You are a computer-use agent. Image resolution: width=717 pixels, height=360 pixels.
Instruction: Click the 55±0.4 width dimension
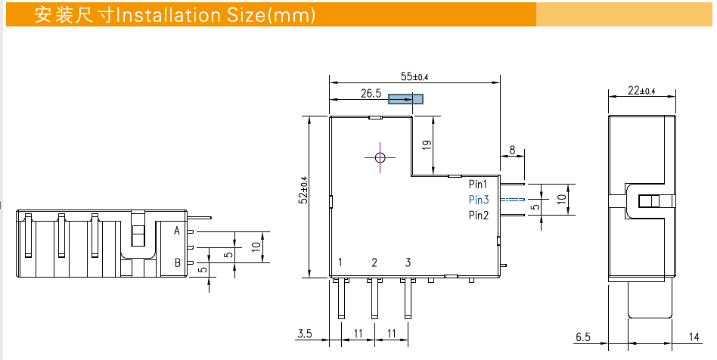414,76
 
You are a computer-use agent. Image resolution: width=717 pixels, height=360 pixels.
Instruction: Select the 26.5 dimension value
371,94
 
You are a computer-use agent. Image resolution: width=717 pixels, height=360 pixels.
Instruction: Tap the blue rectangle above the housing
405,99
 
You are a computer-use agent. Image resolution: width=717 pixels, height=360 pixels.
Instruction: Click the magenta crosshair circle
380,157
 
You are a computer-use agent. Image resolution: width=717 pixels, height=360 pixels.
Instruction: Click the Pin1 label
478,184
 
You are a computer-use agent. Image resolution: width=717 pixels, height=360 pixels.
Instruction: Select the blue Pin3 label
478,200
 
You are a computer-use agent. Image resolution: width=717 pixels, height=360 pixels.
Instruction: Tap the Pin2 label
478,216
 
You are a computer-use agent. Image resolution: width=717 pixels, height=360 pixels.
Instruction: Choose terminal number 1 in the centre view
341,262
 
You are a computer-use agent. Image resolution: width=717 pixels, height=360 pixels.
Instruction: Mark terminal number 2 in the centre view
374,262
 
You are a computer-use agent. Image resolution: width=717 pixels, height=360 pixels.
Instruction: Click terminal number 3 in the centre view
408,262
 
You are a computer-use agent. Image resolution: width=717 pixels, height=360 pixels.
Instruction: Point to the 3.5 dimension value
304,334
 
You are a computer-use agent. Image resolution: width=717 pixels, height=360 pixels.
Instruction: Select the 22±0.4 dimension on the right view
641,91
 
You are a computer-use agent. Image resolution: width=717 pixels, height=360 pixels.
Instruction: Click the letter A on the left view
177,231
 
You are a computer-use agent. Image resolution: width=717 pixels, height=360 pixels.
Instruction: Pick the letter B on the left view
177,262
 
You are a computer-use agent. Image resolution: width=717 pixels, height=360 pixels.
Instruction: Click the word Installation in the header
159,15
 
